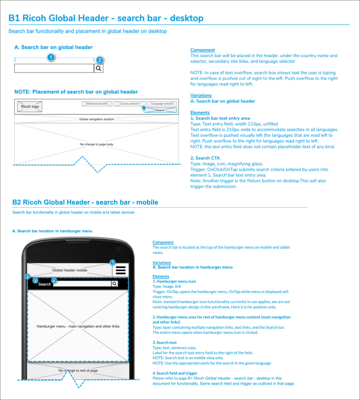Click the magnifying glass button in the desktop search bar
tap(98, 69)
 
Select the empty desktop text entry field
tap(54, 69)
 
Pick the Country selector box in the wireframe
tap(129, 104)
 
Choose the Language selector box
tap(162, 104)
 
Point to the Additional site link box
tap(96, 104)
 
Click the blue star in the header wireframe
tap(143, 108)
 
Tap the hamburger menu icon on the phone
tap(120, 270)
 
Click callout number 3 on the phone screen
tap(35, 280)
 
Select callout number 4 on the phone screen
tap(54, 280)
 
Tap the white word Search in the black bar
tap(45, 284)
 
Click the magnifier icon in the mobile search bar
tap(114, 284)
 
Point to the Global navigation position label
tap(96, 119)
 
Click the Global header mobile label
tap(70, 270)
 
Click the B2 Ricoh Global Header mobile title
tap(85, 202)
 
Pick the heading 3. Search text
tap(165, 342)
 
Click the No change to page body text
tap(96, 144)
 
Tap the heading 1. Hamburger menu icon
tap(174, 282)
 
